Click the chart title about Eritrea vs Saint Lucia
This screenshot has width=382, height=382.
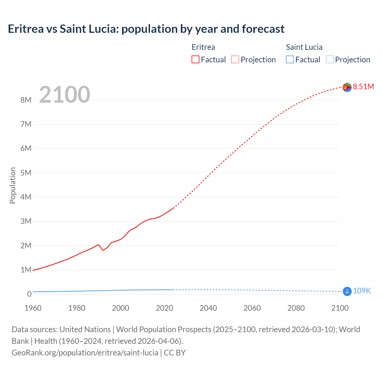pos(146,29)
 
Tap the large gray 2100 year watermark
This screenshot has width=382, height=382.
pos(64,94)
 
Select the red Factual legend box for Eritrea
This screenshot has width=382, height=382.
pos(195,59)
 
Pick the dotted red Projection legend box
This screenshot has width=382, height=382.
pos(235,59)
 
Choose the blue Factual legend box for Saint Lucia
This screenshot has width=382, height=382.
pos(289,59)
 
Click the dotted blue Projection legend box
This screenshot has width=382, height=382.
pos(329,59)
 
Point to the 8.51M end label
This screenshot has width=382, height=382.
pos(363,87)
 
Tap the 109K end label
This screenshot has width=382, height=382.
pos(362,291)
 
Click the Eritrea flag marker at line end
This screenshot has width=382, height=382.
pos(347,87)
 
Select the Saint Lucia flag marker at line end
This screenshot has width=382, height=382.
pos(347,291)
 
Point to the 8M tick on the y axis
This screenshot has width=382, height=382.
pos(26,100)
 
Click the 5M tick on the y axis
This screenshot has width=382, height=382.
pos(26,173)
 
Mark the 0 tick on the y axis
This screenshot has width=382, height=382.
pos(29,294)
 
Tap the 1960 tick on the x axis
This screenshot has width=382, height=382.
pos(33,308)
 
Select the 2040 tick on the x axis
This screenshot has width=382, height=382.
pos(208,308)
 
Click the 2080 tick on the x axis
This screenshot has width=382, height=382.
pos(296,308)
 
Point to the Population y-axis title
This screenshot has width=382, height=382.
pos(13,185)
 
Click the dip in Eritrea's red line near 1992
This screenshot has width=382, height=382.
pos(103,250)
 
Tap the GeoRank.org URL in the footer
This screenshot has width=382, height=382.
pos(85,352)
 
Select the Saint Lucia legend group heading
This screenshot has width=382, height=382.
pos(304,47)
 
